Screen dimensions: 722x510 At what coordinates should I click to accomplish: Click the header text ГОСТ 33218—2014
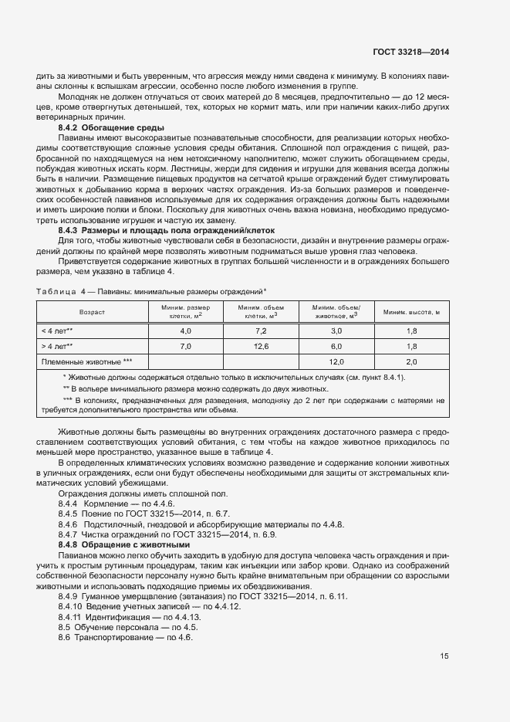click(413, 52)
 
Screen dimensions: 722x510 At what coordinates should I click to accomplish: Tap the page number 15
click(444, 656)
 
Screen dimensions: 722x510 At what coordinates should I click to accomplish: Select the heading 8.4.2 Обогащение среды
click(111, 127)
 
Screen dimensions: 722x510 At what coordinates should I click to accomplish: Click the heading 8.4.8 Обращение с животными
click(123, 544)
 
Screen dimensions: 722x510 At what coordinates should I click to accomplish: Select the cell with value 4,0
click(185, 330)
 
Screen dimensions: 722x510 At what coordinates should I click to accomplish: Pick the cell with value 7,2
click(260, 330)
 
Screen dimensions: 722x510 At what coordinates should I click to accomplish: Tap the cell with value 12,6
click(260, 346)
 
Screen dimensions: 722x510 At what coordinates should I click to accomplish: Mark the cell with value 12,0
click(336, 361)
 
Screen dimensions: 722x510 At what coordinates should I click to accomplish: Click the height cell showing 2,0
click(411, 361)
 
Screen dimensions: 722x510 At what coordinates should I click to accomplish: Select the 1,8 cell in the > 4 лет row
click(411, 346)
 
